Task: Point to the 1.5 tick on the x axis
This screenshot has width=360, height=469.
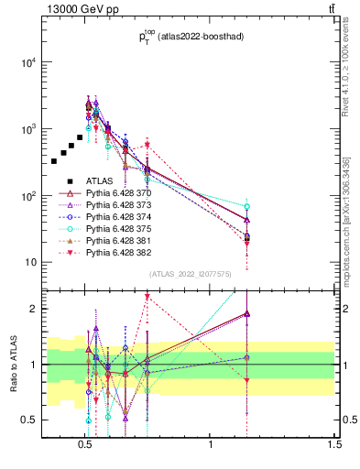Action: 334,445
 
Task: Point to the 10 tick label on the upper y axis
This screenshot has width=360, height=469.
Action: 30,263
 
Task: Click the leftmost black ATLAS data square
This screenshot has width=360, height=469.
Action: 54,161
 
